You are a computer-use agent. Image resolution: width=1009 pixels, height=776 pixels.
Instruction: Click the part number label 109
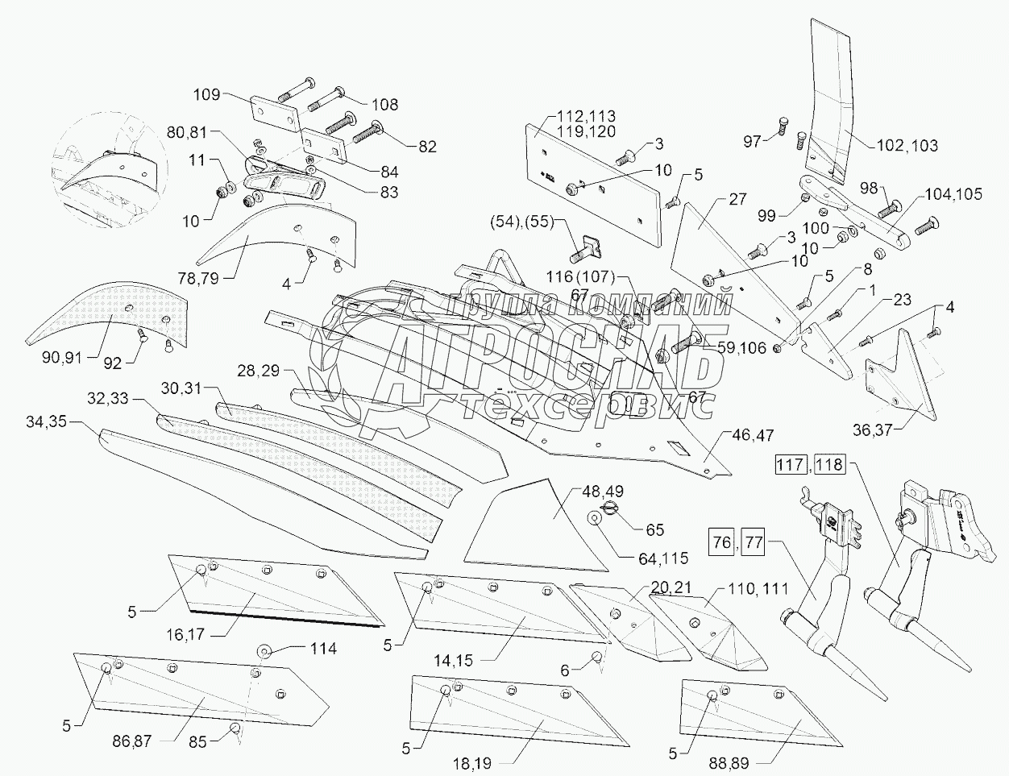[x=206, y=94]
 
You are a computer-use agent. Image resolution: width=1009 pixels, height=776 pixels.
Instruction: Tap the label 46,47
[x=753, y=436]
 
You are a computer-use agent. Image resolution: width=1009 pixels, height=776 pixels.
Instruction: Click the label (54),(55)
[x=523, y=222]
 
